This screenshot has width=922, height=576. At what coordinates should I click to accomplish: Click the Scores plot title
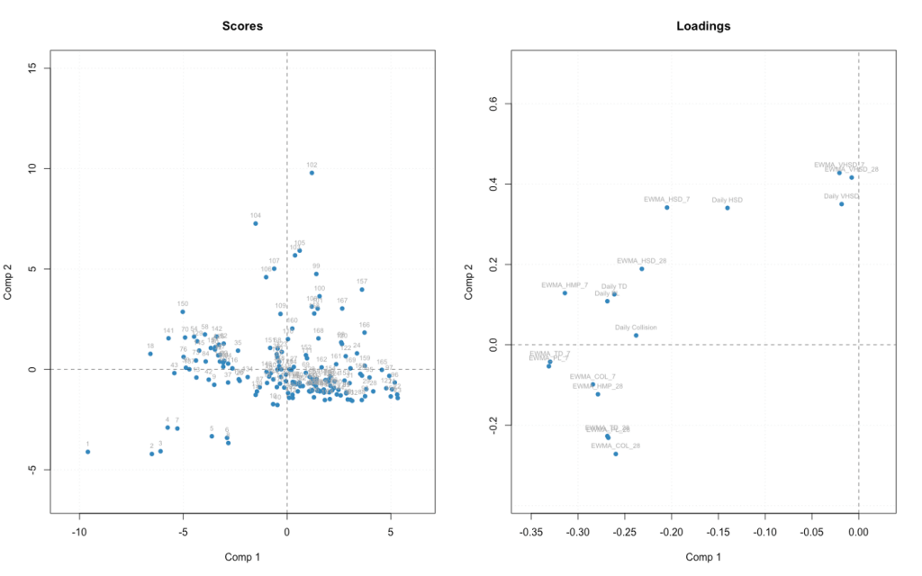(x=242, y=26)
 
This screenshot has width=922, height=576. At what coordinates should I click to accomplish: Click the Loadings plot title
(x=703, y=26)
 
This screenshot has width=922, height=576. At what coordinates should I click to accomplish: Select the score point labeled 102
(x=312, y=172)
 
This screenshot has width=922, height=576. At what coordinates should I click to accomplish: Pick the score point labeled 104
(x=256, y=222)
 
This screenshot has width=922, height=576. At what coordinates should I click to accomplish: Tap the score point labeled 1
(x=87, y=451)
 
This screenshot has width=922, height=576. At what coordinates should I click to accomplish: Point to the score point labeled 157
(x=362, y=289)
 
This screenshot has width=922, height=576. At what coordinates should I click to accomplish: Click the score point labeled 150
(x=183, y=311)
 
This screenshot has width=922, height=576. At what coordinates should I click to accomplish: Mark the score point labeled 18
(x=150, y=354)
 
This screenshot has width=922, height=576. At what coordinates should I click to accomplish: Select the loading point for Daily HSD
(x=727, y=208)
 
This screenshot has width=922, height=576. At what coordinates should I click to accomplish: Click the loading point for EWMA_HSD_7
(x=667, y=207)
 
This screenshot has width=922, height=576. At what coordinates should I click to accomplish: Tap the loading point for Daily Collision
(x=636, y=335)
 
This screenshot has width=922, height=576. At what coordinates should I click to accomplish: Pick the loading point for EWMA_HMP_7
(x=565, y=292)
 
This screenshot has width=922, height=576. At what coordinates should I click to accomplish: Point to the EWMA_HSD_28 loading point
(x=641, y=268)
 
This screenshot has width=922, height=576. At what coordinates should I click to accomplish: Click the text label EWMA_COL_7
(x=592, y=376)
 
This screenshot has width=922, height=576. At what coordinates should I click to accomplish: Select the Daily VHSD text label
(x=842, y=195)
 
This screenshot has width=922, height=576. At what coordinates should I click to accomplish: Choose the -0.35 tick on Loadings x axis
(x=531, y=532)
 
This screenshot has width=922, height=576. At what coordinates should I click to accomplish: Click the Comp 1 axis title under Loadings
(x=703, y=557)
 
